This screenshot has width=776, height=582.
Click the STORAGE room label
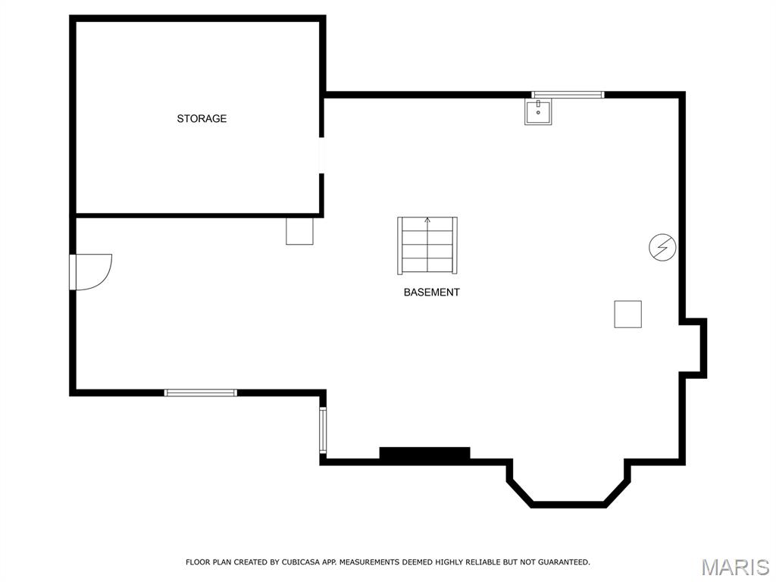click(202, 118)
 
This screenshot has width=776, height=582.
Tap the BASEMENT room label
click(431, 292)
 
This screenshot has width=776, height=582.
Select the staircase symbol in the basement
click(427, 246)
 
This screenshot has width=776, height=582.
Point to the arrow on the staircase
click(427, 221)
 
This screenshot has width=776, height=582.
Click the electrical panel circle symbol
click(662, 248)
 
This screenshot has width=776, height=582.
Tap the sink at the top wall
click(538, 112)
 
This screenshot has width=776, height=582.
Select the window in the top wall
click(568, 95)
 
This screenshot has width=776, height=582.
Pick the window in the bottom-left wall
click(201, 393)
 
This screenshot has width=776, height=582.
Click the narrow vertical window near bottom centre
click(323, 430)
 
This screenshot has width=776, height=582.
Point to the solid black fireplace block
click(424, 453)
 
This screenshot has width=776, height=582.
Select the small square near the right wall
click(627, 314)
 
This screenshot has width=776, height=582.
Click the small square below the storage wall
click(299, 231)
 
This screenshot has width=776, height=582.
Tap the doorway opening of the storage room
click(322, 155)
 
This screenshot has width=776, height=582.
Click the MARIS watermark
click(735, 567)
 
